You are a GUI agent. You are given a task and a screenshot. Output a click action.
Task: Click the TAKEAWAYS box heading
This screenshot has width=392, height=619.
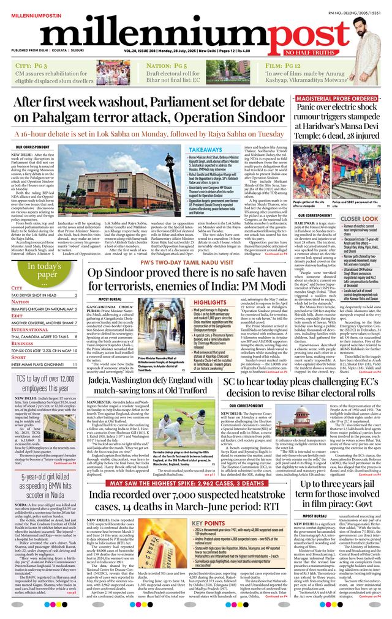(x=205, y=149)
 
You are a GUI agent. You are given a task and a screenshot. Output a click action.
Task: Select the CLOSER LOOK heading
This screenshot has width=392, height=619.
(x=358, y=218)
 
